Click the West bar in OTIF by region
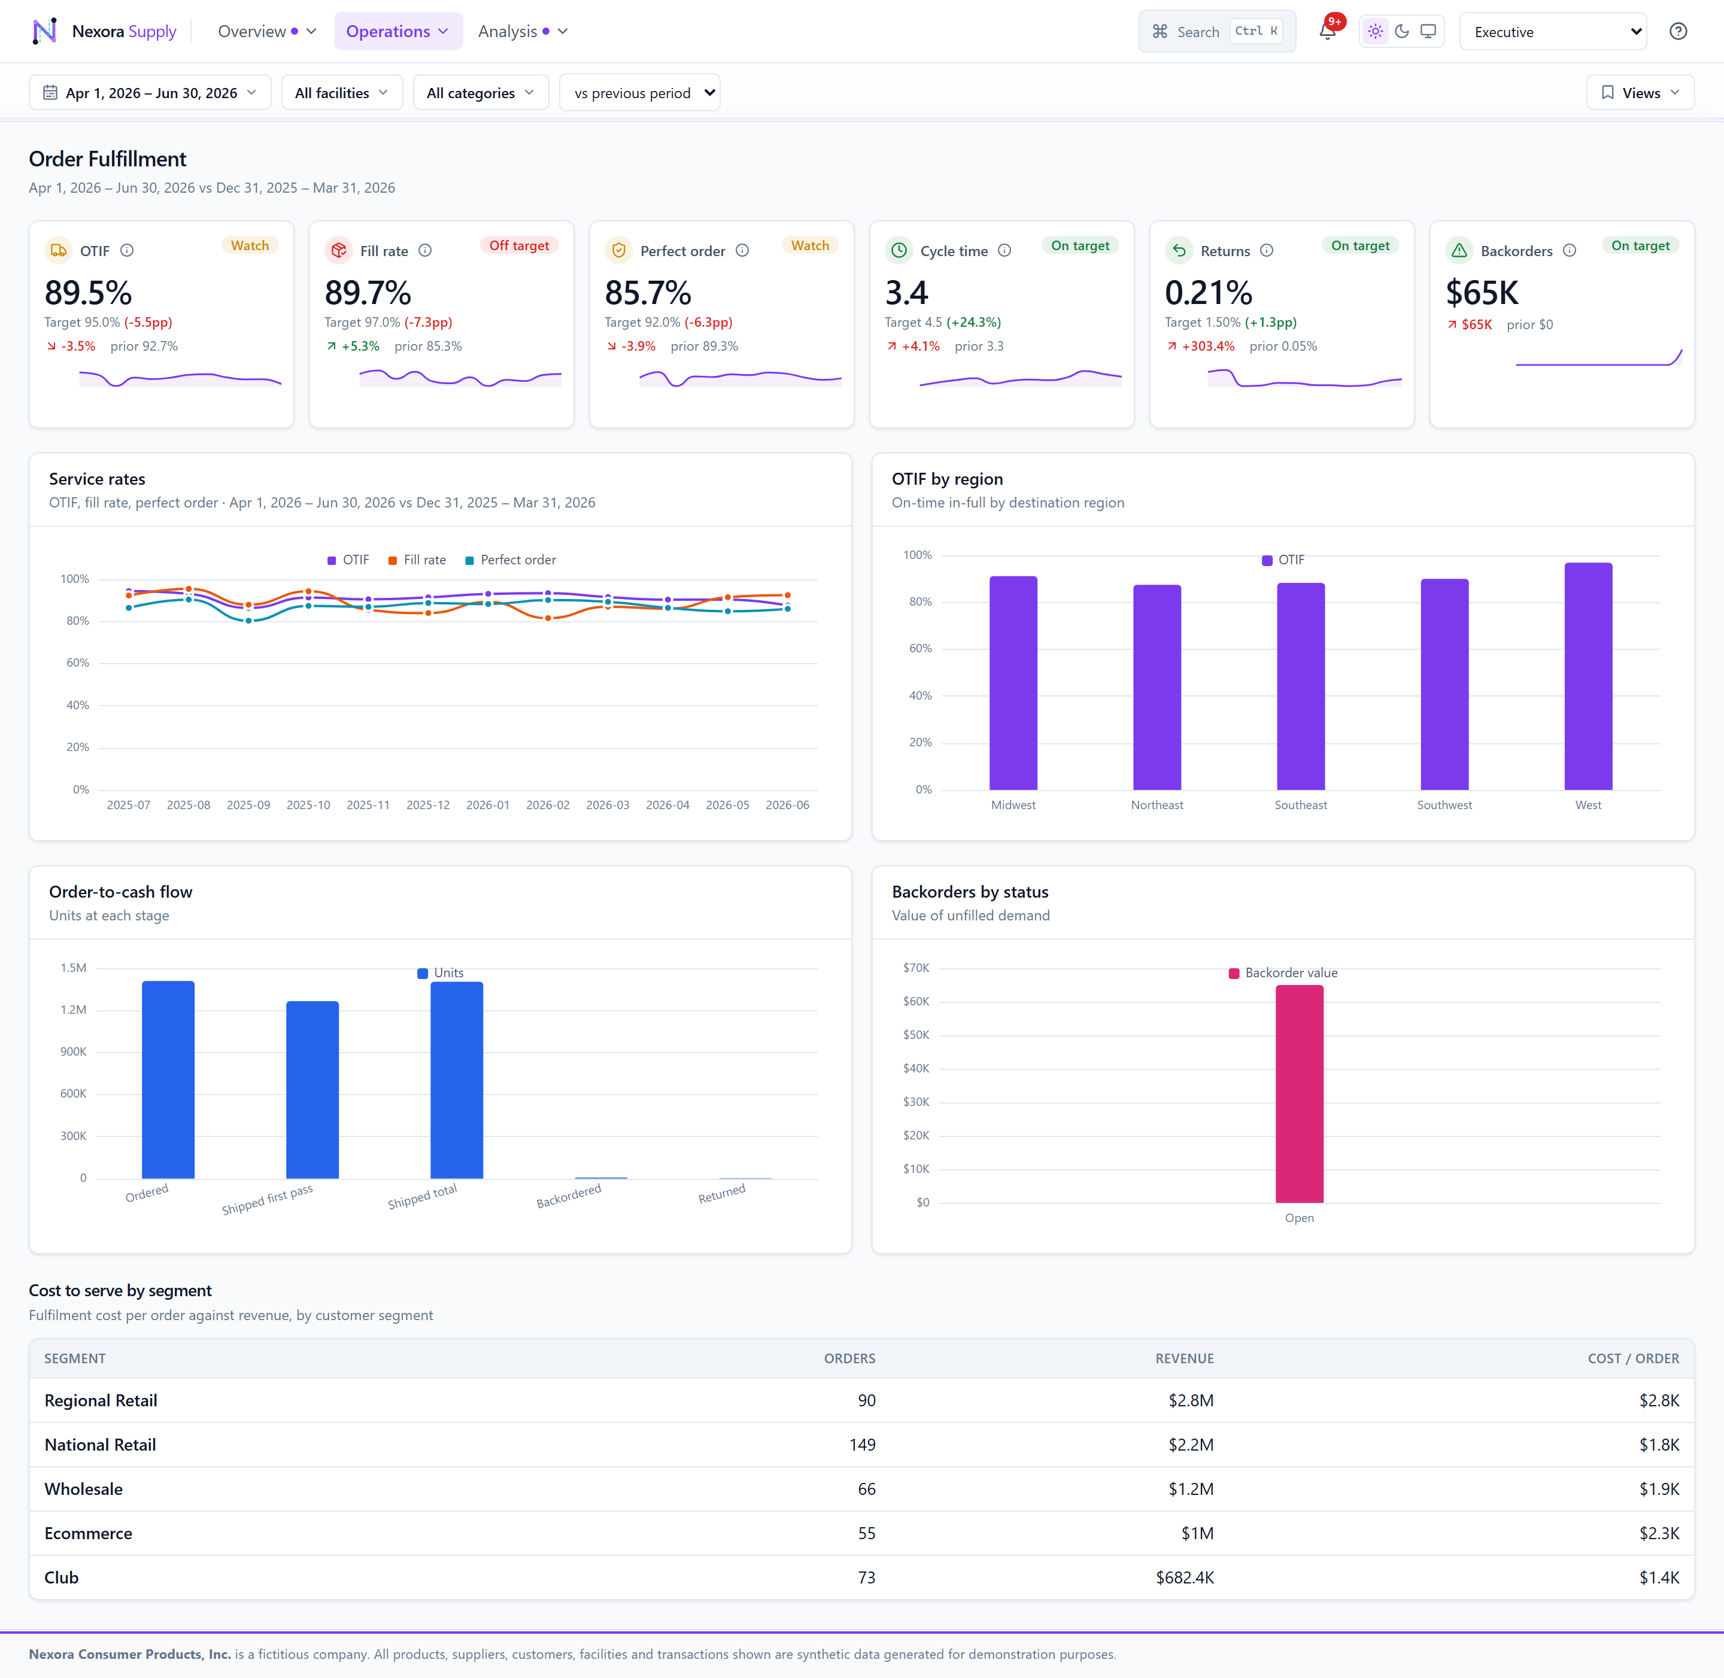[x=1588, y=676]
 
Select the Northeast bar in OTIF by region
[x=1157, y=688]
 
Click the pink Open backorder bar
[x=1299, y=1094]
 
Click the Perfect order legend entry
[x=511, y=560]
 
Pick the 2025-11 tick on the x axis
[x=368, y=805]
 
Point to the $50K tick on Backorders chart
[x=916, y=1035]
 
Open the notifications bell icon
[x=1327, y=32]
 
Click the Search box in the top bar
[x=1216, y=32]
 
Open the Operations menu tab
[x=397, y=32]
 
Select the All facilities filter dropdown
[x=342, y=93]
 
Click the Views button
[x=1640, y=93]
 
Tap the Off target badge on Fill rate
[x=519, y=246]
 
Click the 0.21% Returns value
[x=1209, y=293]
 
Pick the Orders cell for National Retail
[x=862, y=1445]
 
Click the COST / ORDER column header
[x=1633, y=1358]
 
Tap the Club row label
[x=62, y=1577]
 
